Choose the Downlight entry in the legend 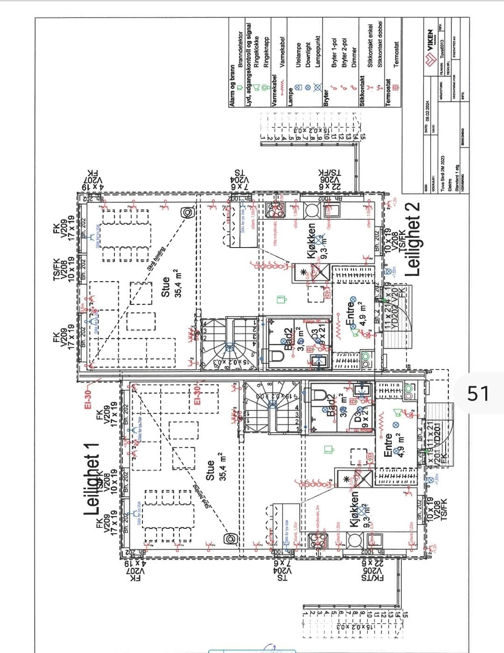[308, 56]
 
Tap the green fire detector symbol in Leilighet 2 [281, 298]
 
